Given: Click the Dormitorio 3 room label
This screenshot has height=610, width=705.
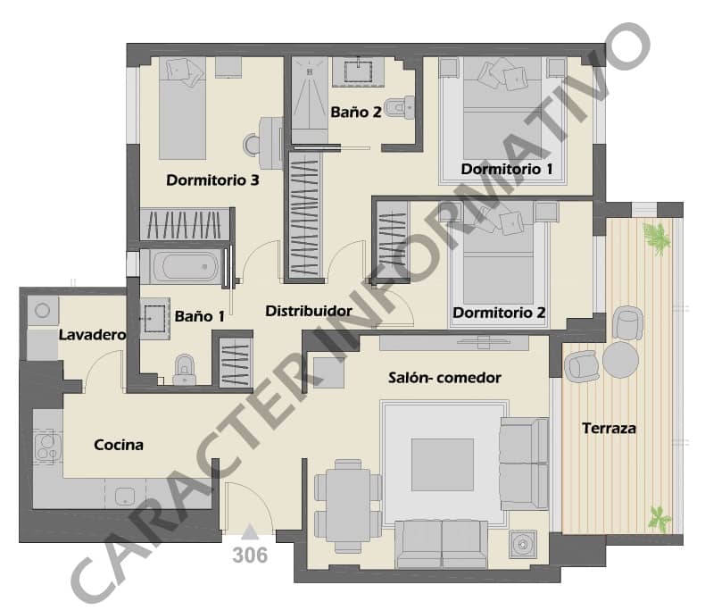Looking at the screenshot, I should [212, 180].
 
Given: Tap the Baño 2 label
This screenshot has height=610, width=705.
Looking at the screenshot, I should [356, 113].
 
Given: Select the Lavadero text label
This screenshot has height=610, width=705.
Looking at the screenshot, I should [91, 335].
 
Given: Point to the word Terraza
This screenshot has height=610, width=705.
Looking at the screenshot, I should [609, 429].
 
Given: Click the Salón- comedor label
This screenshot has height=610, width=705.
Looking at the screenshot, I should [444, 378].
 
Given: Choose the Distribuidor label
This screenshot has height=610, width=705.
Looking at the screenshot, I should [309, 311].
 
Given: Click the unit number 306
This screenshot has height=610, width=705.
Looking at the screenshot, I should [250, 555].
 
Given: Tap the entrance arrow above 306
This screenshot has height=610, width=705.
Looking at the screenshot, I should [250, 532].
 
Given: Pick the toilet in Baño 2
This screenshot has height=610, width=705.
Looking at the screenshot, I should [402, 104].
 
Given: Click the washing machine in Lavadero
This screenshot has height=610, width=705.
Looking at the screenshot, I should [41, 311].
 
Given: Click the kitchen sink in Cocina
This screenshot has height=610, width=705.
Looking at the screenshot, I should [125, 497].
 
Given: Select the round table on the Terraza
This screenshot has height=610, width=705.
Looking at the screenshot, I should [620, 360].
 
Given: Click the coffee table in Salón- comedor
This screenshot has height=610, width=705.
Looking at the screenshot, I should [442, 464].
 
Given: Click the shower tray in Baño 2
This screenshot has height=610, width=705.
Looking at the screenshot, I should [309, 97].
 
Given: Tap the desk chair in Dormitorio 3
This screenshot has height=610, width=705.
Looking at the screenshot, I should [254, 143].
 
